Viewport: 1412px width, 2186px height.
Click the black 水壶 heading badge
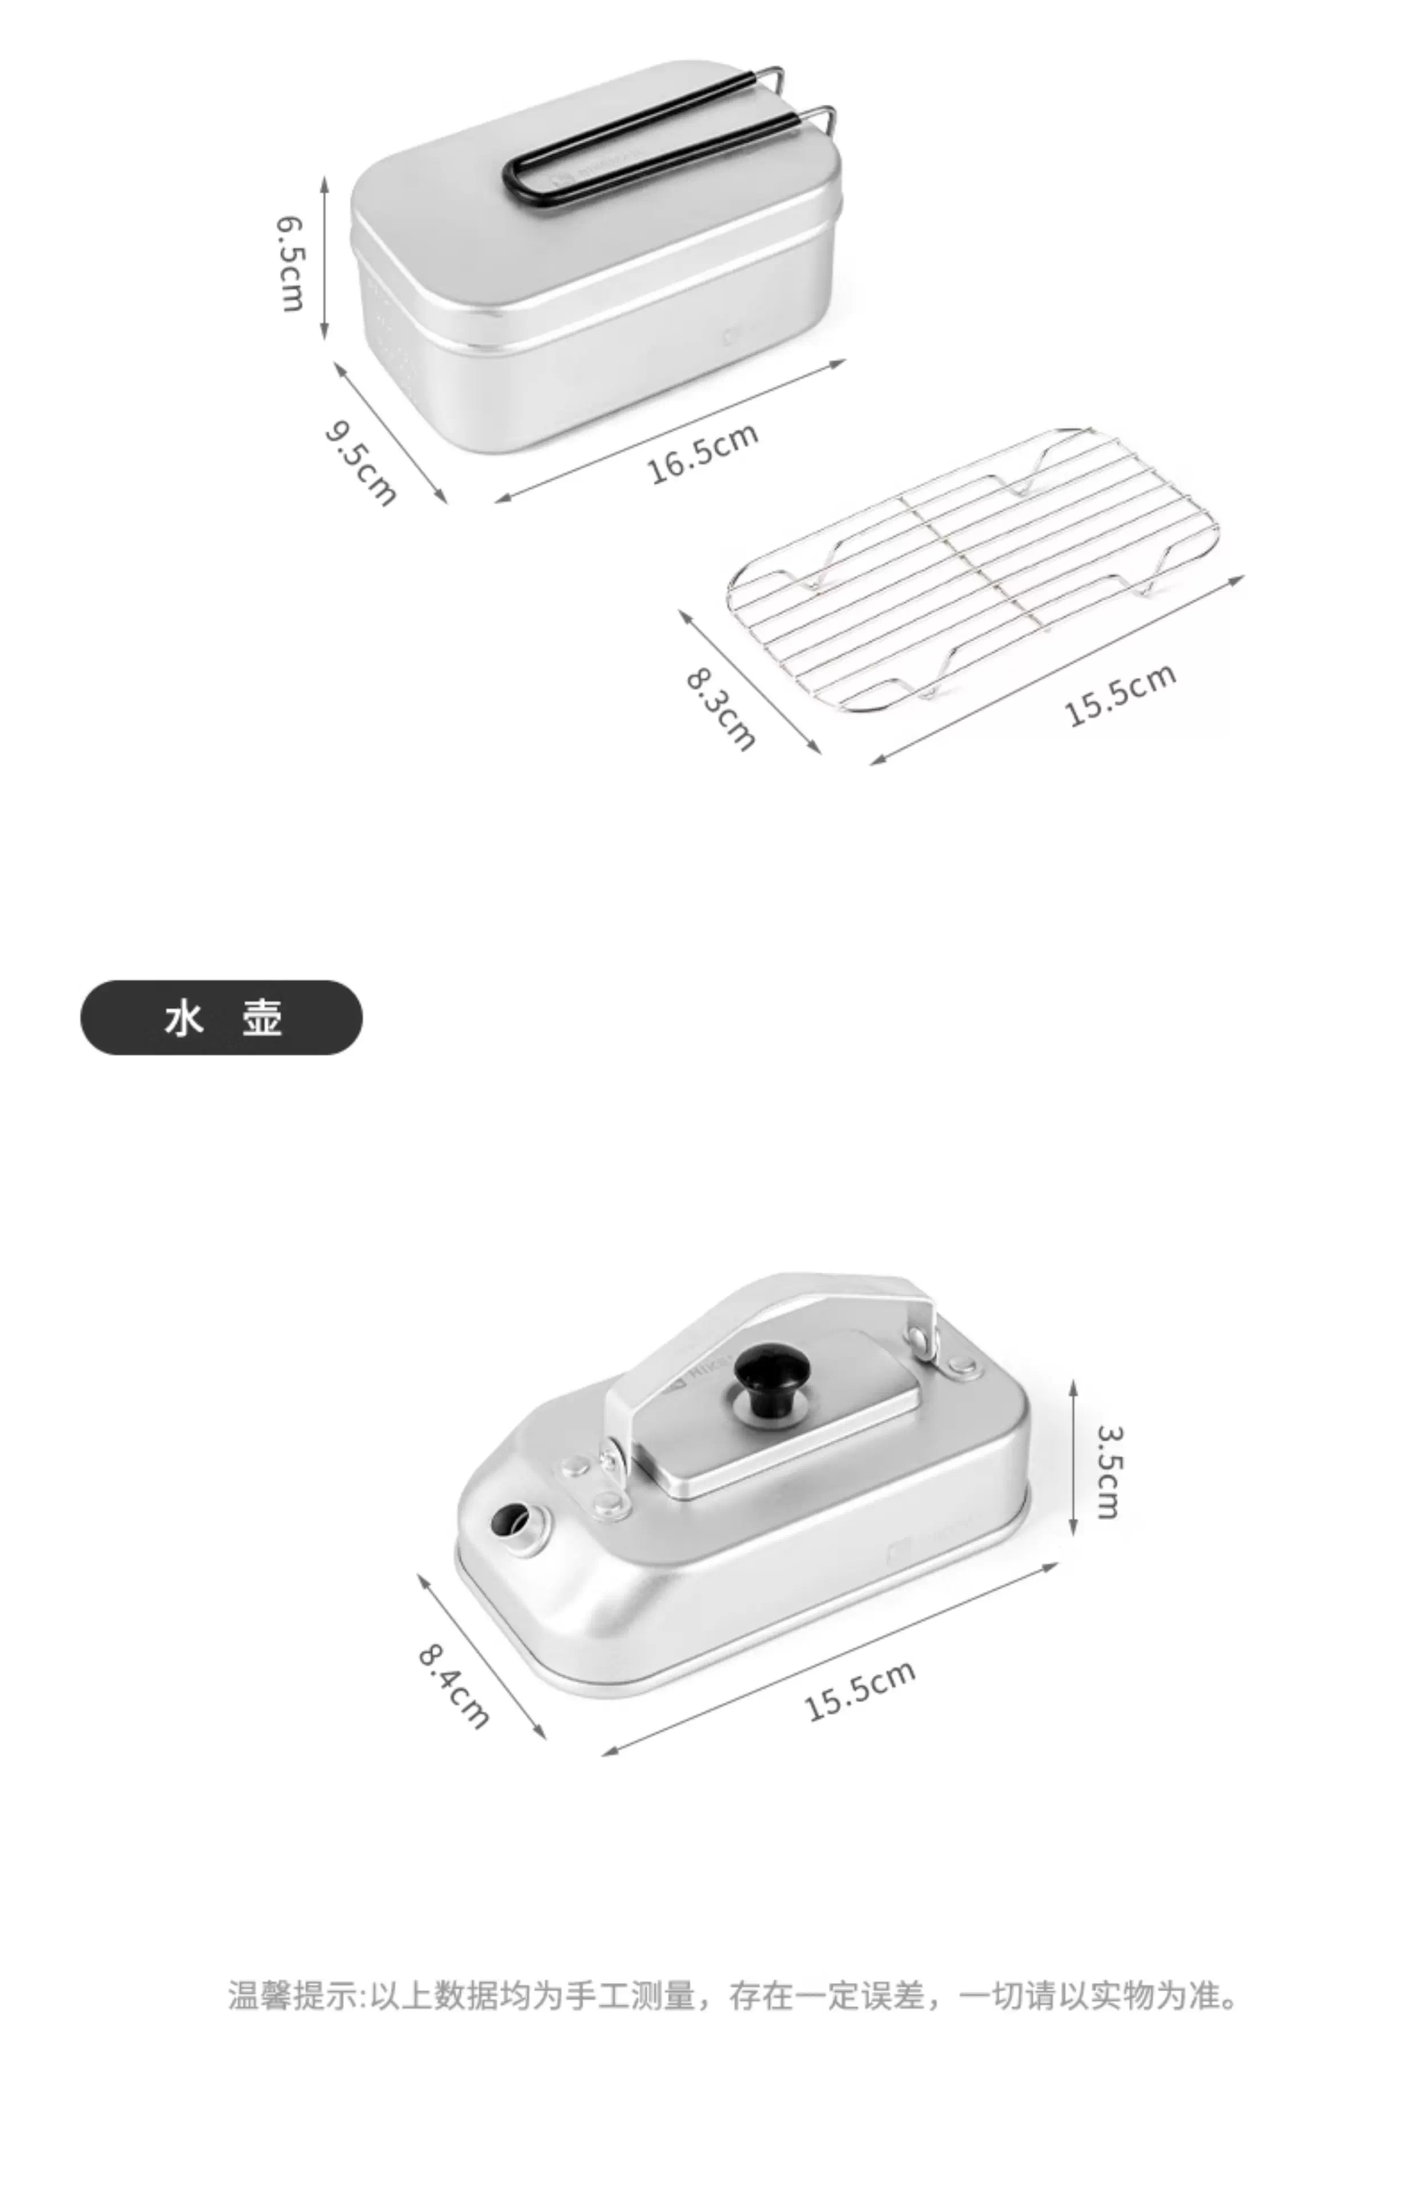[222, 1017]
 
